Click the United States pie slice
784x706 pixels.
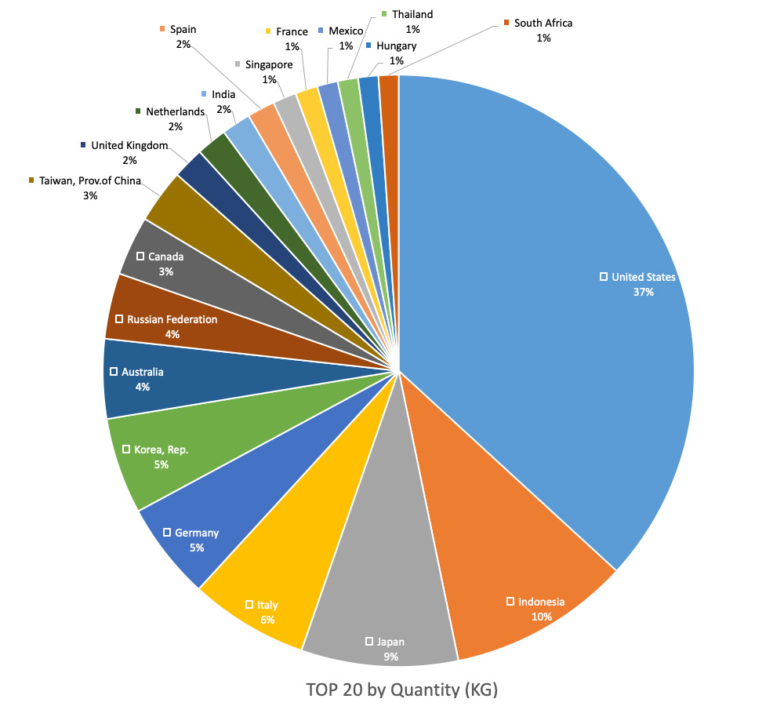click(549, 235)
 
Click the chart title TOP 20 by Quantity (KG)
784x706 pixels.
click(401, 690)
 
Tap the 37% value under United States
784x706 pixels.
click(644, 292)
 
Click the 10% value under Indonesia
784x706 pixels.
click(541, 617)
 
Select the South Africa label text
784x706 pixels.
click(543, 23)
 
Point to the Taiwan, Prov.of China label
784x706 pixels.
click(89, 181)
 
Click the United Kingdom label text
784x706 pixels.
click(129, 145)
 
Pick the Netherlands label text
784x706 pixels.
click(175, 111)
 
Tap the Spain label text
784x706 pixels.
click(183, 30)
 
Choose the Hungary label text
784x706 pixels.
click(396, 46)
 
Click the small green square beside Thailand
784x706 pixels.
click(384, 14)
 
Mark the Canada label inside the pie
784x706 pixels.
click(165, 257)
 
